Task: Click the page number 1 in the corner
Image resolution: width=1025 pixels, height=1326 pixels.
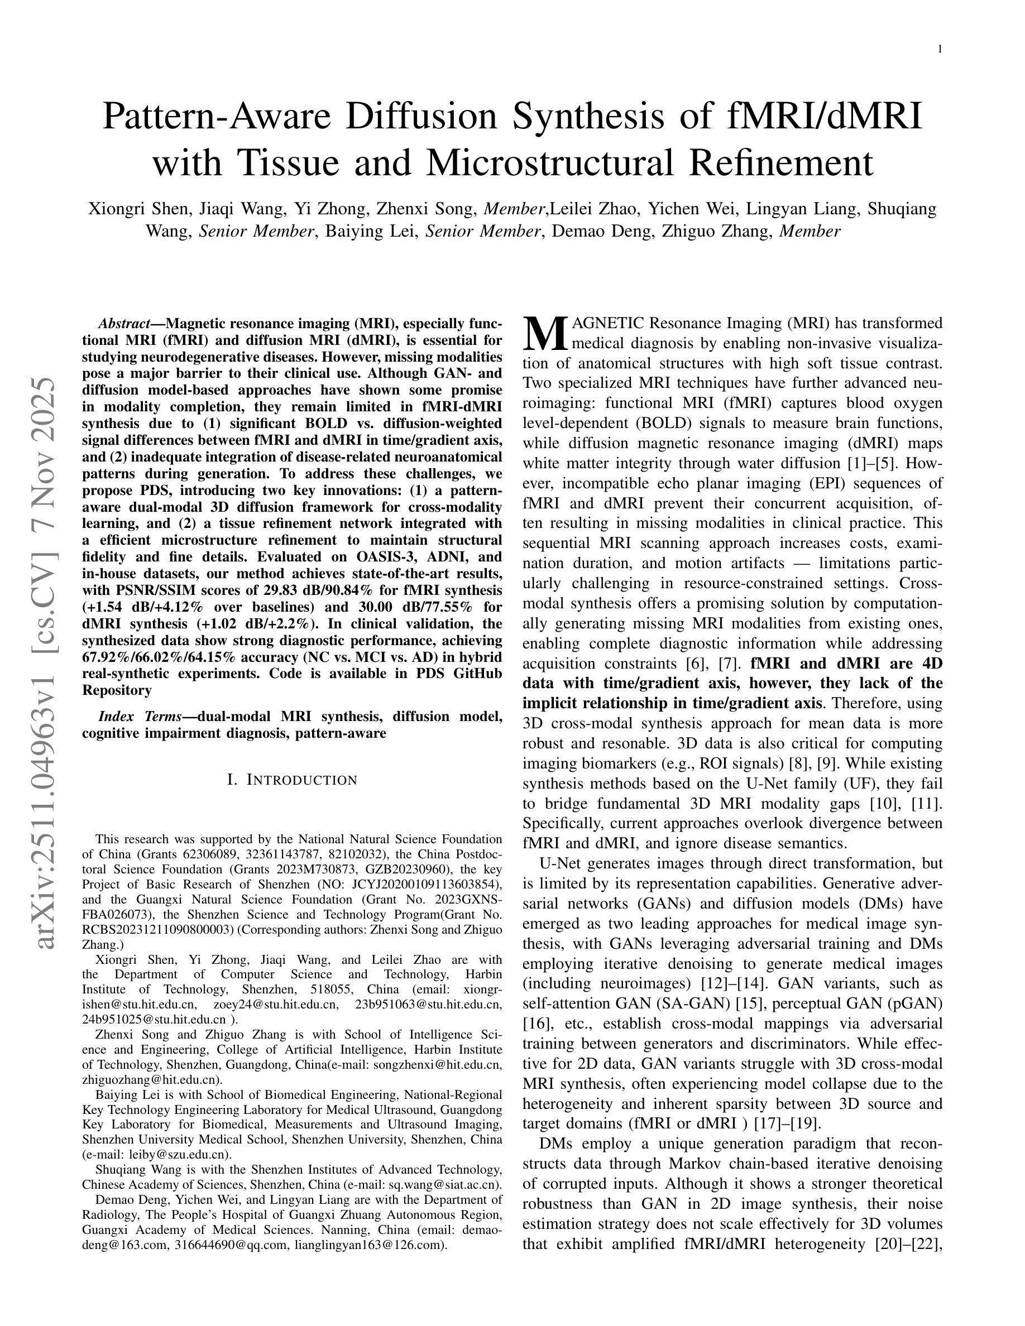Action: (x=940, y=50)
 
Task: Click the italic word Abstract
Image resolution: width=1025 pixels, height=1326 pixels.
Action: (x=124, y=323)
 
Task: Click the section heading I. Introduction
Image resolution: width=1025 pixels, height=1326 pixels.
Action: (x=292, y=780)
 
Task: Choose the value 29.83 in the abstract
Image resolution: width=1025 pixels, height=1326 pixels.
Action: (x=285, y=590)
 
